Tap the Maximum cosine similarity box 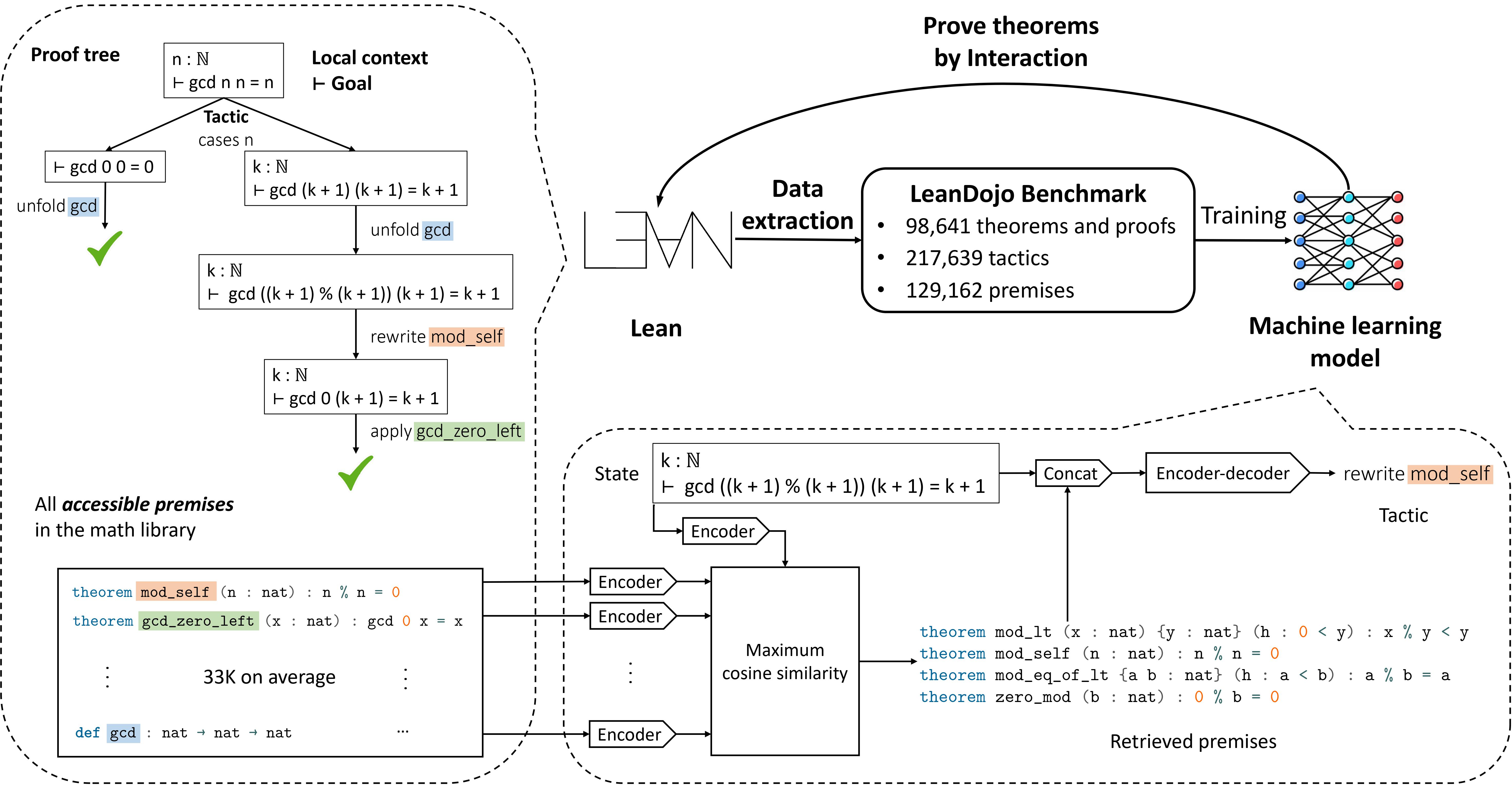click(785, 661)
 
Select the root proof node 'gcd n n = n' click(224, 70)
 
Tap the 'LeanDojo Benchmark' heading click(1028, 194)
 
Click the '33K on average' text click(269, 677)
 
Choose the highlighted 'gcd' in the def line click(123, 733)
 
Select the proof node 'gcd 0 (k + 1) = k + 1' click(356, 387)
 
